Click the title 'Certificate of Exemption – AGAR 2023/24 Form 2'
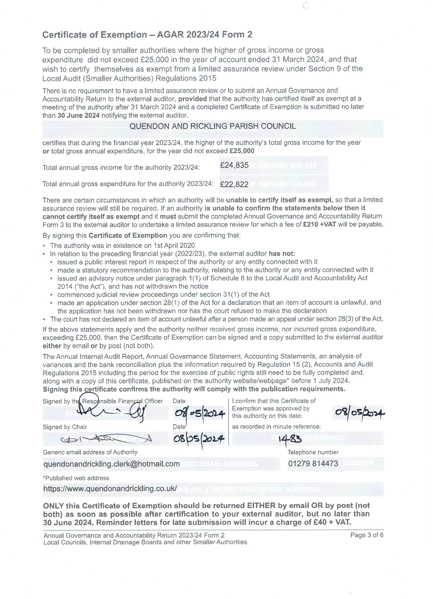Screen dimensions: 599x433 pyautogui.click(x=147, y=35)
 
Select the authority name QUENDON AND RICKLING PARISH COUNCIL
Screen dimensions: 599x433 pyautogui.click(x=212, y=126)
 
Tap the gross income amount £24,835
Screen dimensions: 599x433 pyautogui.click(x=234, y=165)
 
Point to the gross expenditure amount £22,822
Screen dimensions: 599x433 pyautogui.click(x=234, y=184)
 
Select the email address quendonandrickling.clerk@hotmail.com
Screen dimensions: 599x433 pyautogui.click(x=112, y=464)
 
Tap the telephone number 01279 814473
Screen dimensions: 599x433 pyautogui.click(x=313, y=463)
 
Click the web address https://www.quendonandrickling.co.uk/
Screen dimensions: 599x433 pyautogui.click(x=110, y=488)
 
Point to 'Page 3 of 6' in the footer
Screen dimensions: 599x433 pyautogui.click(x=367, y=535)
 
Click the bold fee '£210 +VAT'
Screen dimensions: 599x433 pyautogui.click(x=319, y=225)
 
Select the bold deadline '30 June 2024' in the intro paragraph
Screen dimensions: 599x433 pyautogui.click(x=79, y=115)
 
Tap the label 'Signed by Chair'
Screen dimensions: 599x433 pyautogui.click(x=65, y=427)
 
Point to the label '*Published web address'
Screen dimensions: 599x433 pyautogui.click(x=76, y=478)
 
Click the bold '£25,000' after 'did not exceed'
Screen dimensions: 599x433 pyautogui.click(x=242, y=151)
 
